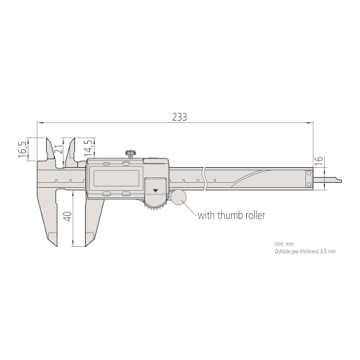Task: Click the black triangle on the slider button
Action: (x=156, y=185)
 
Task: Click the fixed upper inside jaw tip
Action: (x=46, y=145)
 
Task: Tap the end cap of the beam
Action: (x=307, y=177)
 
